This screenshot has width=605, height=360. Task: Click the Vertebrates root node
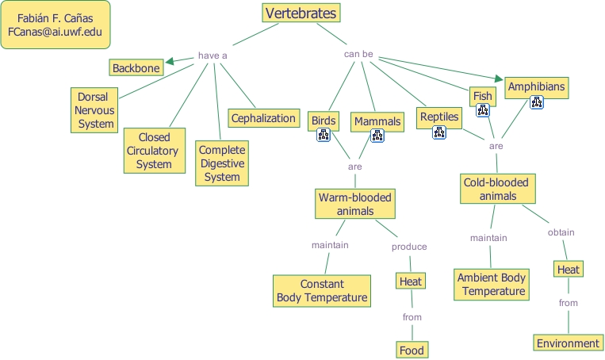coord(301,13)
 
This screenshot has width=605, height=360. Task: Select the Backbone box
coord(136,68)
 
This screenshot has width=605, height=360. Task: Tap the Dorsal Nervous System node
coord(95,110)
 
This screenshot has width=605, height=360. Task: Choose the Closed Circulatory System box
coord(154,151)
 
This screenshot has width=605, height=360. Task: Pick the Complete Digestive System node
coord(222,163)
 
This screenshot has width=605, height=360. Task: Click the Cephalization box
coord(263,118)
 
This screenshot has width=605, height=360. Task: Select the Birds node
coord(324,121)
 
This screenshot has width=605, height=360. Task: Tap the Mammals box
coord(377,121)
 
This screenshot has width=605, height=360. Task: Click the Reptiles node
coord(439,117)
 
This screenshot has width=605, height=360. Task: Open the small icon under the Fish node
coord(483,111)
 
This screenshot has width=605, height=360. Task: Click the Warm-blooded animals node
coord(354,204)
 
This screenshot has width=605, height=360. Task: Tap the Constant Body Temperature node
coord(322,291)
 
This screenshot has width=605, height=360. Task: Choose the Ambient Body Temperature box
coord(492,285)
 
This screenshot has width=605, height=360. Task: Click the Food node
coord(412,350)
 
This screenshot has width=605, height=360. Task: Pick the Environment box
coord(568,343)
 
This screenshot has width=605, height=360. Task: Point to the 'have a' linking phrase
coord(213,56)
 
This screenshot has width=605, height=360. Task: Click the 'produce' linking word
coord(409,247)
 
